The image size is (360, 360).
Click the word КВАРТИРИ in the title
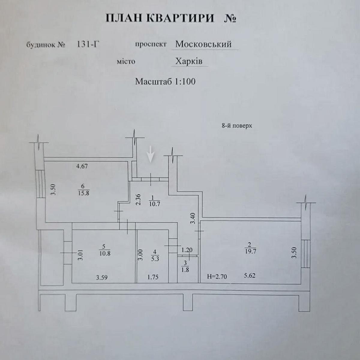(x=180, y=18)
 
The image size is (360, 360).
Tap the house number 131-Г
(x=88, y=45)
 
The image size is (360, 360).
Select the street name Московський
(x=203, y=44)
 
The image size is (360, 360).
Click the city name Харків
(x=189, y=61)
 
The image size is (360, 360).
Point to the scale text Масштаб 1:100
(x=165, y=81)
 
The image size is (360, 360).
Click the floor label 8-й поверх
(x=237, y=126)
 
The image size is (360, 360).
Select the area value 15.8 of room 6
(x=83, y=193)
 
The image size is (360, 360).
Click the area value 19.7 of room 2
(x=250, y=251)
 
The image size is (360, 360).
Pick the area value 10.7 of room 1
(x=155, y=204)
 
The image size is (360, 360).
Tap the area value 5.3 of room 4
(x=155, y=259)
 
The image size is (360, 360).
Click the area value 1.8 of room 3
(x=185, y=269)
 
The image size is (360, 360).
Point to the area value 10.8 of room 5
(x=104, y=253)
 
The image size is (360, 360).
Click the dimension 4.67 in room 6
(x=82, y=166)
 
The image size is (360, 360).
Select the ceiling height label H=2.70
(x=217, y=276)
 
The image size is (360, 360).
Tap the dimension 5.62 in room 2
(x=249, y=275)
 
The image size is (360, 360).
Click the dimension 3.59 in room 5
(x=102, y=277)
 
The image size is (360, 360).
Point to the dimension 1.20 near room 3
(x=187, y=250)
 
